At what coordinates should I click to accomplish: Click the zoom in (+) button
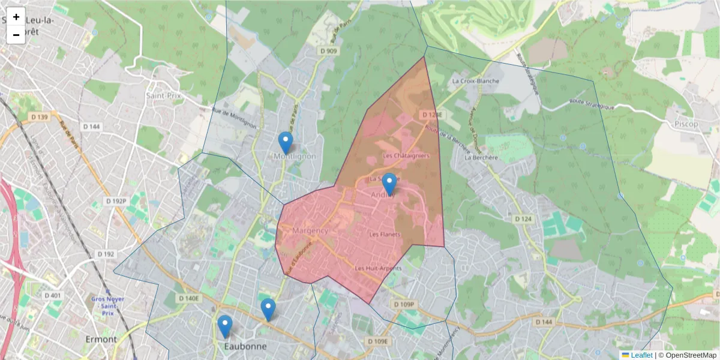[16, 17]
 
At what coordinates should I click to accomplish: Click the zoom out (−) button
[16, 35]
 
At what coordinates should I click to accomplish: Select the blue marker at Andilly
[389, 184]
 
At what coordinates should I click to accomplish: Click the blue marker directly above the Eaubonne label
[225, 326]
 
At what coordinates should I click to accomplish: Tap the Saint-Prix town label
[163, 95]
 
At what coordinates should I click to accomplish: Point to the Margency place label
[310, 231]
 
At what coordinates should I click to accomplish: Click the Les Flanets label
[384, 234]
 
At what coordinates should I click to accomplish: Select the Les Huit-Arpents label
[378, 268]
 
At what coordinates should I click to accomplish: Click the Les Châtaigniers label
[406, 156]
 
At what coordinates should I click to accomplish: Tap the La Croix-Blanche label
[476, 81]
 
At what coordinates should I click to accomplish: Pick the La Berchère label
[482, 158]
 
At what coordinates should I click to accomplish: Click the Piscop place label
[686, 124]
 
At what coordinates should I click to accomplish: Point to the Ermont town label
[101, 339]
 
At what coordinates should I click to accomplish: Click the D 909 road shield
[329, 52]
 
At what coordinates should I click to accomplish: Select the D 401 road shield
[53, 295]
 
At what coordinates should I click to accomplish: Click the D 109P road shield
[404, 305]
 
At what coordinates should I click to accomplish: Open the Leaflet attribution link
[641, 355]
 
